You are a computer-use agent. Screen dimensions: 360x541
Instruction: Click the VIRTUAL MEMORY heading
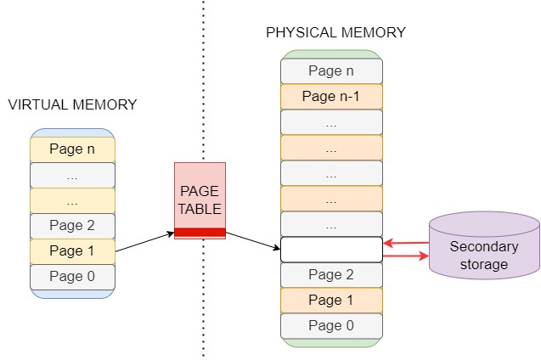pos(72,104)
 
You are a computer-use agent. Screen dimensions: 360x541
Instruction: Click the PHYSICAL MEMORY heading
pos(335,33)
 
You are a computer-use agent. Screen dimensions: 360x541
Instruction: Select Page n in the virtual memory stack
pos(72,149)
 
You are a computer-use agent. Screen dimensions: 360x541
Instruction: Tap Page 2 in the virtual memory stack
pos(72,226)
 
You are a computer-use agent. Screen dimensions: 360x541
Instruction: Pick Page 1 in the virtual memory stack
pos(72,251)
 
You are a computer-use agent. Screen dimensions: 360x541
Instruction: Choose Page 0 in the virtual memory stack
pos(72,277)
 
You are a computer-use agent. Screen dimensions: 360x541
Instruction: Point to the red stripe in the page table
pos(200,232)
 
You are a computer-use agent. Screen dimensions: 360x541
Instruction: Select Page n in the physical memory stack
pos(331,71)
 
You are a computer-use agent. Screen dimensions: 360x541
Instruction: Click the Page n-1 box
pos(331,97)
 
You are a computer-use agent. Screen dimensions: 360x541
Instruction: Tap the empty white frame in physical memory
pos(331,250)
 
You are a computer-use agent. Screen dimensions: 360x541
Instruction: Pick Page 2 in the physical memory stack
pos(331,275)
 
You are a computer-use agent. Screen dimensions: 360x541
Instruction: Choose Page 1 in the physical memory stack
pos(331,301)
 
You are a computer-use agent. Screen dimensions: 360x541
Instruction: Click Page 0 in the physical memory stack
pos(331,326)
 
